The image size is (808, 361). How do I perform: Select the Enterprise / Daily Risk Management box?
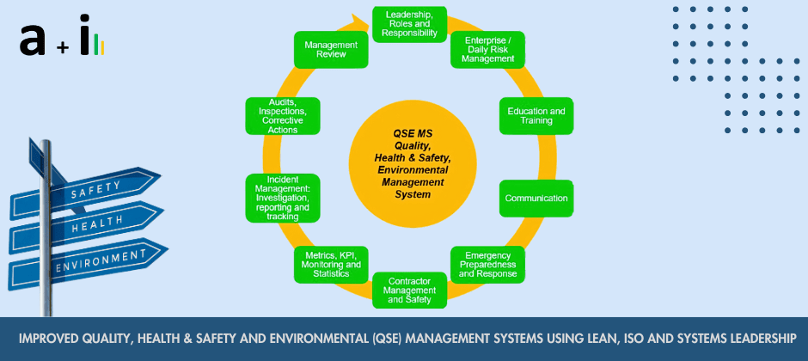pos(488,50)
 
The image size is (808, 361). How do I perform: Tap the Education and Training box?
pos(536,116)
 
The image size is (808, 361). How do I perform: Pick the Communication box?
pos(536,199)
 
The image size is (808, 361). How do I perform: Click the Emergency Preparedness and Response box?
pos(488,266)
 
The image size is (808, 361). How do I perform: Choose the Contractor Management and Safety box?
pos(409,291)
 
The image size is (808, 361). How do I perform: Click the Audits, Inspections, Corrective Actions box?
pos(283,116)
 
